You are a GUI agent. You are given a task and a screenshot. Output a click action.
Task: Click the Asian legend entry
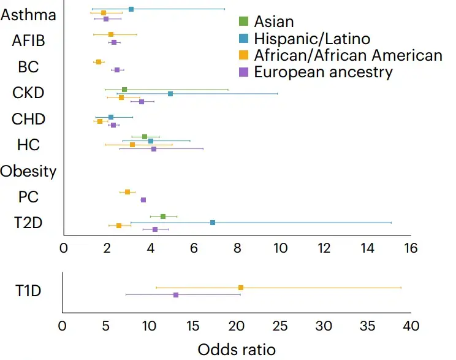coord(273,22)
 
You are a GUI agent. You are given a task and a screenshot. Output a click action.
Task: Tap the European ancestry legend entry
coord(323,72)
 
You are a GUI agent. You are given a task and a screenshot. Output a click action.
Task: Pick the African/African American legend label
coord(348,55)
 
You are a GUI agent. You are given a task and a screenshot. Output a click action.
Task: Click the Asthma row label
coord(28,15)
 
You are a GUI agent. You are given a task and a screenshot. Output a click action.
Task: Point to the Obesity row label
coord(28,171)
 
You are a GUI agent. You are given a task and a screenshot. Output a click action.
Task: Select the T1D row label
coord(28,291)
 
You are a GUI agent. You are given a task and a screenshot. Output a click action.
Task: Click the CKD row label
coord(28,93)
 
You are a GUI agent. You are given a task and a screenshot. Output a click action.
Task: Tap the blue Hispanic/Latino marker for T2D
coord(213,223)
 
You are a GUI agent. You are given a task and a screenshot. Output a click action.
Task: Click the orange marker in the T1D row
coord(241,288)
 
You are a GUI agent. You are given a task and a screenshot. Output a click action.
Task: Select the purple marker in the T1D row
coord(176,295)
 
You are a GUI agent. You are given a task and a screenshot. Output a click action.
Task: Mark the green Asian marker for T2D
coord(163,216)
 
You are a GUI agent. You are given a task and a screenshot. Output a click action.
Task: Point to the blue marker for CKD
coord(170,94)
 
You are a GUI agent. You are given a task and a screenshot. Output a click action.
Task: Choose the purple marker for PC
coord(143,200)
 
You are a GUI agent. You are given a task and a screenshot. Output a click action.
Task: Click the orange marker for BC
coord(99,62)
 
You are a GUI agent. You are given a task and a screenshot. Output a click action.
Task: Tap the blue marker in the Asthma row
coord(131,9)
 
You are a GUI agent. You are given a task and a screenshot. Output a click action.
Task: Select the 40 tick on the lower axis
coord(411,325)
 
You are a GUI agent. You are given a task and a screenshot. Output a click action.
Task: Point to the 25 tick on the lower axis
coord(280,325)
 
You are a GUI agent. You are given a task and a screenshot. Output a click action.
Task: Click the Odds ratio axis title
coord(237,349)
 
